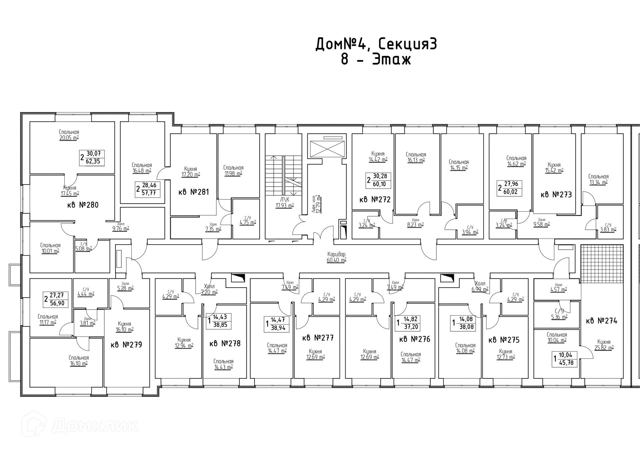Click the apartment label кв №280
pyautogui.click(x=83, y=205)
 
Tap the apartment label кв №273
pyautogui.click(x=556, y=195)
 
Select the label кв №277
pyautogui.click(x=318, y=338)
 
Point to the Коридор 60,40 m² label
pyautogui.click(x=337, y=257)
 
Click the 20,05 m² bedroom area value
pyautogui.click(x=69, y=138)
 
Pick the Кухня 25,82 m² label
pyautogui.click(x=604, y=345)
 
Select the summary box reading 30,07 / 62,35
pyautogui.click(x=92, y=158)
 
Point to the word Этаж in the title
pyautogui.click(x=392, y=59)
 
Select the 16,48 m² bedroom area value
pyautogui.click(x=142, y=171)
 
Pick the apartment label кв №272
pyautogui.click(x=375, y=200)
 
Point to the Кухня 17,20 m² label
pyautogui.click(x=190, y=172)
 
